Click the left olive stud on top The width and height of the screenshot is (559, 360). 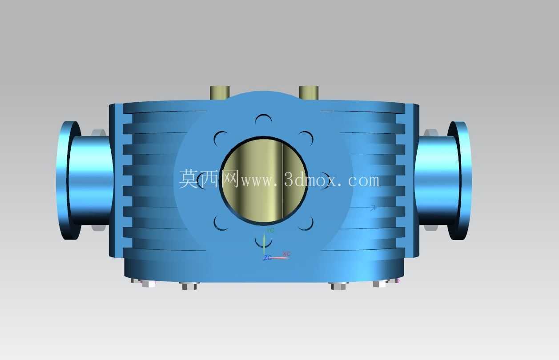(220, 93)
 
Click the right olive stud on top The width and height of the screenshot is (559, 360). (309, 93)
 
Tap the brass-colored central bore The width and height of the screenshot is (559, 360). (264, 180)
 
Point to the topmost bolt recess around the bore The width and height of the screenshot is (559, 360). (264, 119)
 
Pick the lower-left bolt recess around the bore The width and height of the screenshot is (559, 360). (220, 223)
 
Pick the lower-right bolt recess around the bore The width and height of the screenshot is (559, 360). (307, 223)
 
